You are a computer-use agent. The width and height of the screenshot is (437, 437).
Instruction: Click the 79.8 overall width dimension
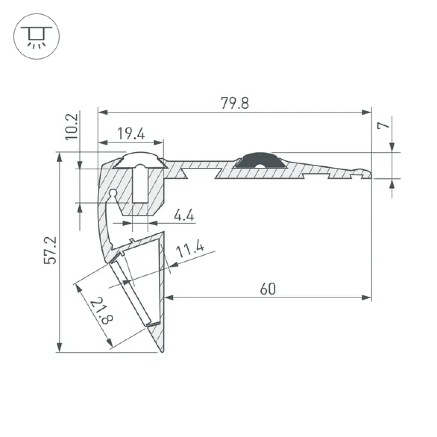point(235,103)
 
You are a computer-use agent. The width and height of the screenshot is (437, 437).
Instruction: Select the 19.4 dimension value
point(131,134)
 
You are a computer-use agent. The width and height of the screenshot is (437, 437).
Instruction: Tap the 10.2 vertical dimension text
point(71,126)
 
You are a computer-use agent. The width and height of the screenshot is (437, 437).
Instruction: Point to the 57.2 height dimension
point(50,251)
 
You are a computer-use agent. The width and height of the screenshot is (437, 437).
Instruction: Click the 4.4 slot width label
point(184,216)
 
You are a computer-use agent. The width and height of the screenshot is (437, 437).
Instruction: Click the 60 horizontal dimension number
point(267,289)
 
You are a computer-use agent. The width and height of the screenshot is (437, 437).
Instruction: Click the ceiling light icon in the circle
point(37,36)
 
